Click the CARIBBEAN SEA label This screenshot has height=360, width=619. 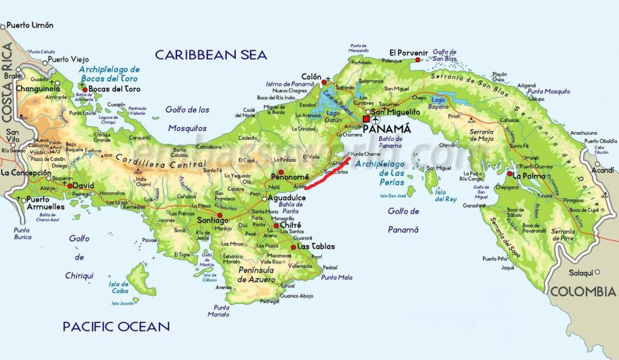pos(210,55)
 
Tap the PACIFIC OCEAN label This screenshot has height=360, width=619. pos(116,327)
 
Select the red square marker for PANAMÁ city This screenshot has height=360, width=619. pos(366,120)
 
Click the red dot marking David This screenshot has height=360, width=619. pos(70,186)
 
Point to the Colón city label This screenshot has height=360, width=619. pos(311,77)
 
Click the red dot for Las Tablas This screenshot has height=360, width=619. pos(293,247)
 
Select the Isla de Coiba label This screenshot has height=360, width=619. pos(119,288)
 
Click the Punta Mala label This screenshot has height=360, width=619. pos(337,277)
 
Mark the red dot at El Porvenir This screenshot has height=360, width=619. pos(418,60)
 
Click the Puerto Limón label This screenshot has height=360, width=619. pos(30,25)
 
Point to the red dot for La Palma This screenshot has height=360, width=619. pos(510,175)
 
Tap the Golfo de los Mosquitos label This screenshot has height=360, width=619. pos(187,119)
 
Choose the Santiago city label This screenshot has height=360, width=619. pos(213,221)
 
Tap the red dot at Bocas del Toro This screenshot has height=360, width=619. pos(85,89)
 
